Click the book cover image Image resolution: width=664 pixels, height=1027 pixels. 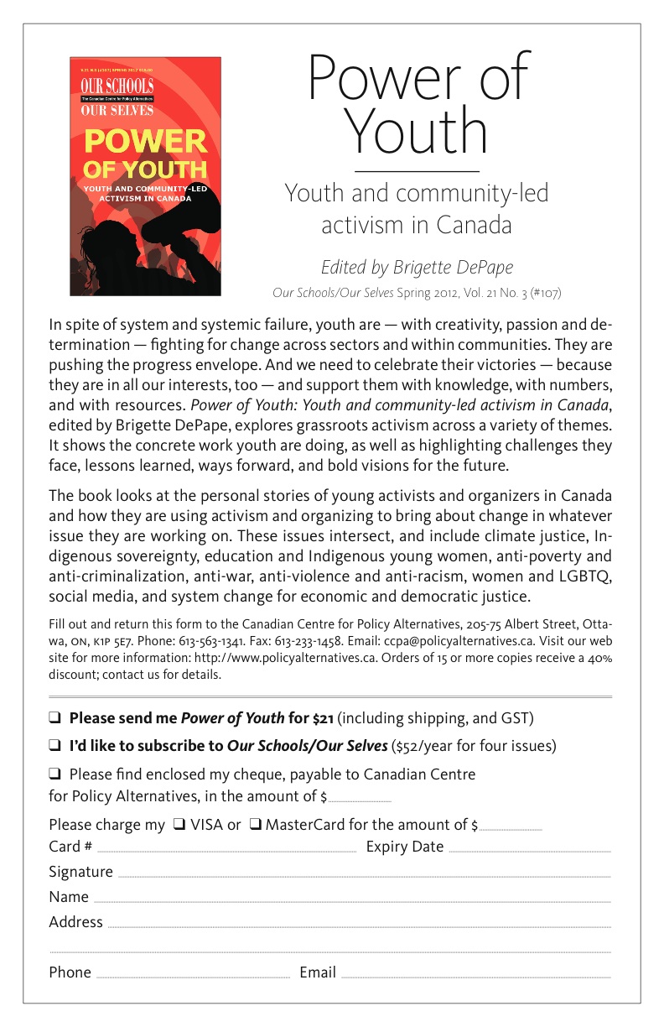pos(145,176)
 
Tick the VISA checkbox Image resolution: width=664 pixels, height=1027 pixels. pos(179,825)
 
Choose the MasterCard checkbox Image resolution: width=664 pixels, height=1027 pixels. pos(255,825)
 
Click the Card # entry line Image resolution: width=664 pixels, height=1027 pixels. pos(226,850)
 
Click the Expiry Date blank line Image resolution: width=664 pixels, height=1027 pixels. pos(530,850)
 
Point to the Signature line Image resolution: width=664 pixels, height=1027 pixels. pos(365,875)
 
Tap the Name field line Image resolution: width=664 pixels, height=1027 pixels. pos(352,900)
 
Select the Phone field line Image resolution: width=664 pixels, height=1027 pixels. pos(193,976)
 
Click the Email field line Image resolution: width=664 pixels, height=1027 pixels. pos(476,976)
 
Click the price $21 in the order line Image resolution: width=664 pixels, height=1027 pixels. pos(324,718)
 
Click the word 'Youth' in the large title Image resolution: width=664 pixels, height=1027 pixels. pos(417,133)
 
